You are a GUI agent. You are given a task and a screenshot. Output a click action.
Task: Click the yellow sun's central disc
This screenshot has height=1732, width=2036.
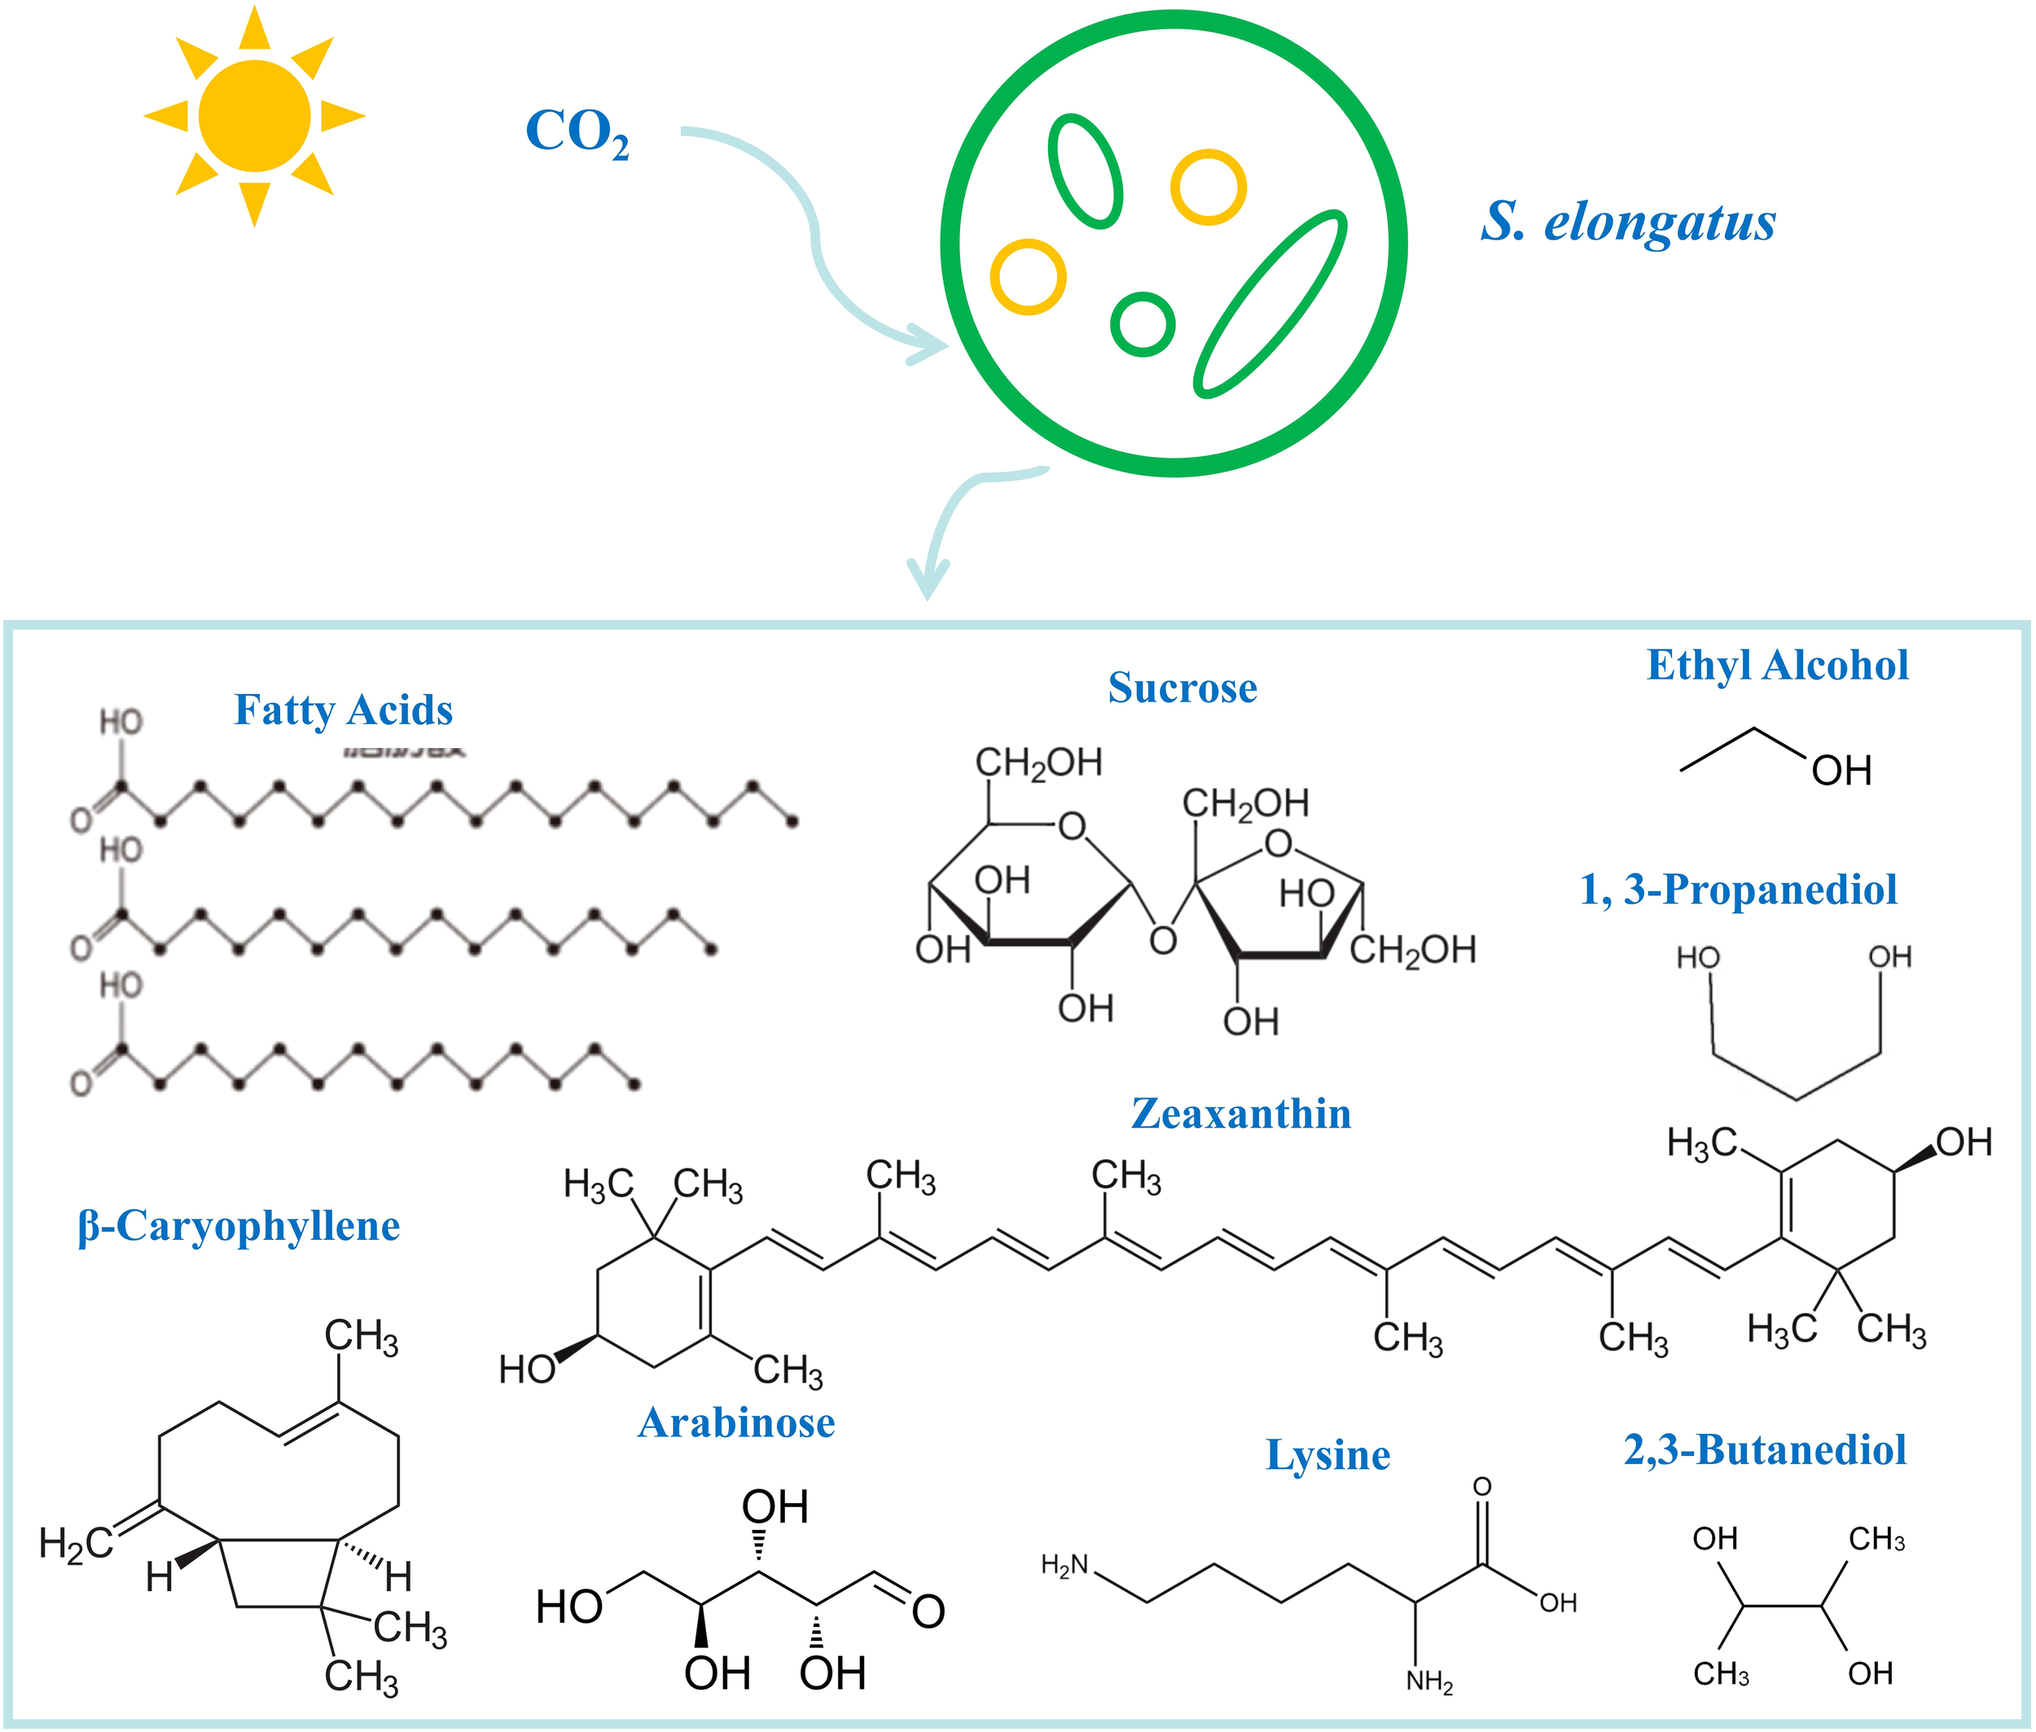click(254, 116)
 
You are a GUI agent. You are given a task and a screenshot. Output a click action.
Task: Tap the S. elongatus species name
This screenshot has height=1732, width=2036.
click(1628, 222)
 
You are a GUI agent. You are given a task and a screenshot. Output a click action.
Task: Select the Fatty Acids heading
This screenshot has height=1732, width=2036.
click(343, 710)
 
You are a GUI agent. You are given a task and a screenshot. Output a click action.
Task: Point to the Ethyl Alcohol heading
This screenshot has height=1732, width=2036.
click(1777, 665)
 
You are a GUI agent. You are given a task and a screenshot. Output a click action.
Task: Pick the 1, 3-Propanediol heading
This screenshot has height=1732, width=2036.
click(1738, 890)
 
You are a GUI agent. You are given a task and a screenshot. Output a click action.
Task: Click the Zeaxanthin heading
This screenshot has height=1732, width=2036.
click(1241, 1114)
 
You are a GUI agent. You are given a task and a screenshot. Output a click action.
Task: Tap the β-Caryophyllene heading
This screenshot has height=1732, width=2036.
click(239, 1226)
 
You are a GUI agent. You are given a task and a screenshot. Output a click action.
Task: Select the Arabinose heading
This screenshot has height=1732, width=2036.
click(736, 1422)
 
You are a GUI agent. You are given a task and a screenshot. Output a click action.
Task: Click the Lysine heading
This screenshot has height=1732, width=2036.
click(1327, 1454)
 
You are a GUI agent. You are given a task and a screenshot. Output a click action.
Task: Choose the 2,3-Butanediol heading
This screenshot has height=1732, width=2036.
click(1764, 1450)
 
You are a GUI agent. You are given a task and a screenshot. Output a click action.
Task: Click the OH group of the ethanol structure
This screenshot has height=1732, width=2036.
click(1841, 771)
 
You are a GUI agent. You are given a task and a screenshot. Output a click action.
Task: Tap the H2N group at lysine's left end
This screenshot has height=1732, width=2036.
click(1064, 1565)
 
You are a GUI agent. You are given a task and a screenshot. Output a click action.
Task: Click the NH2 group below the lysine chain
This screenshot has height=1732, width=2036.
click(1428, 1682)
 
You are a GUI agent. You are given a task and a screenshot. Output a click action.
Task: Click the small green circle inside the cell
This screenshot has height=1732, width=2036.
click(1143, 324)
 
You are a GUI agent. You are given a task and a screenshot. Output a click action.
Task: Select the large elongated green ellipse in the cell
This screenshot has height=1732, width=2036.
click(1270, 303)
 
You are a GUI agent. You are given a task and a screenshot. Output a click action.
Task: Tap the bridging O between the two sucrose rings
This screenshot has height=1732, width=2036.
click(1162, 941)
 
